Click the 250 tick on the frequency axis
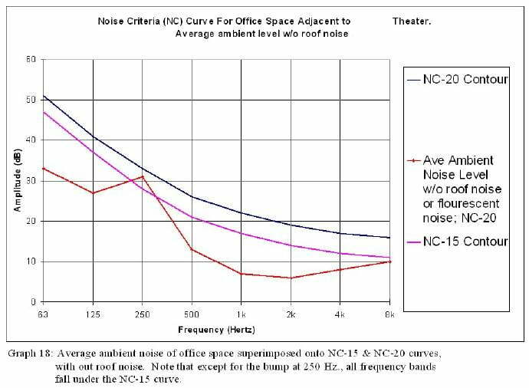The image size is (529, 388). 142,314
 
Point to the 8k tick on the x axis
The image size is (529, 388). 390,314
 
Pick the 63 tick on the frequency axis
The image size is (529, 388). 43,314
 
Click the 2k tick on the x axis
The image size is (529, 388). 291,314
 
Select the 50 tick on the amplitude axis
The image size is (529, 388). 31,100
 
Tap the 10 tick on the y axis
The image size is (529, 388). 31,261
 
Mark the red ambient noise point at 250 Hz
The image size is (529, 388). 142,176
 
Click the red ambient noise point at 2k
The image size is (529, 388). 291,278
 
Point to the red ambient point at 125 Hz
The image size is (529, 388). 92,192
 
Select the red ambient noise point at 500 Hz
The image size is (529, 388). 192,249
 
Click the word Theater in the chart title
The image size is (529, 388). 413,21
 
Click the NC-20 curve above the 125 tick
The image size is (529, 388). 92,136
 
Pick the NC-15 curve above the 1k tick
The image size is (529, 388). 242,233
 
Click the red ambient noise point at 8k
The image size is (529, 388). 390,261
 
